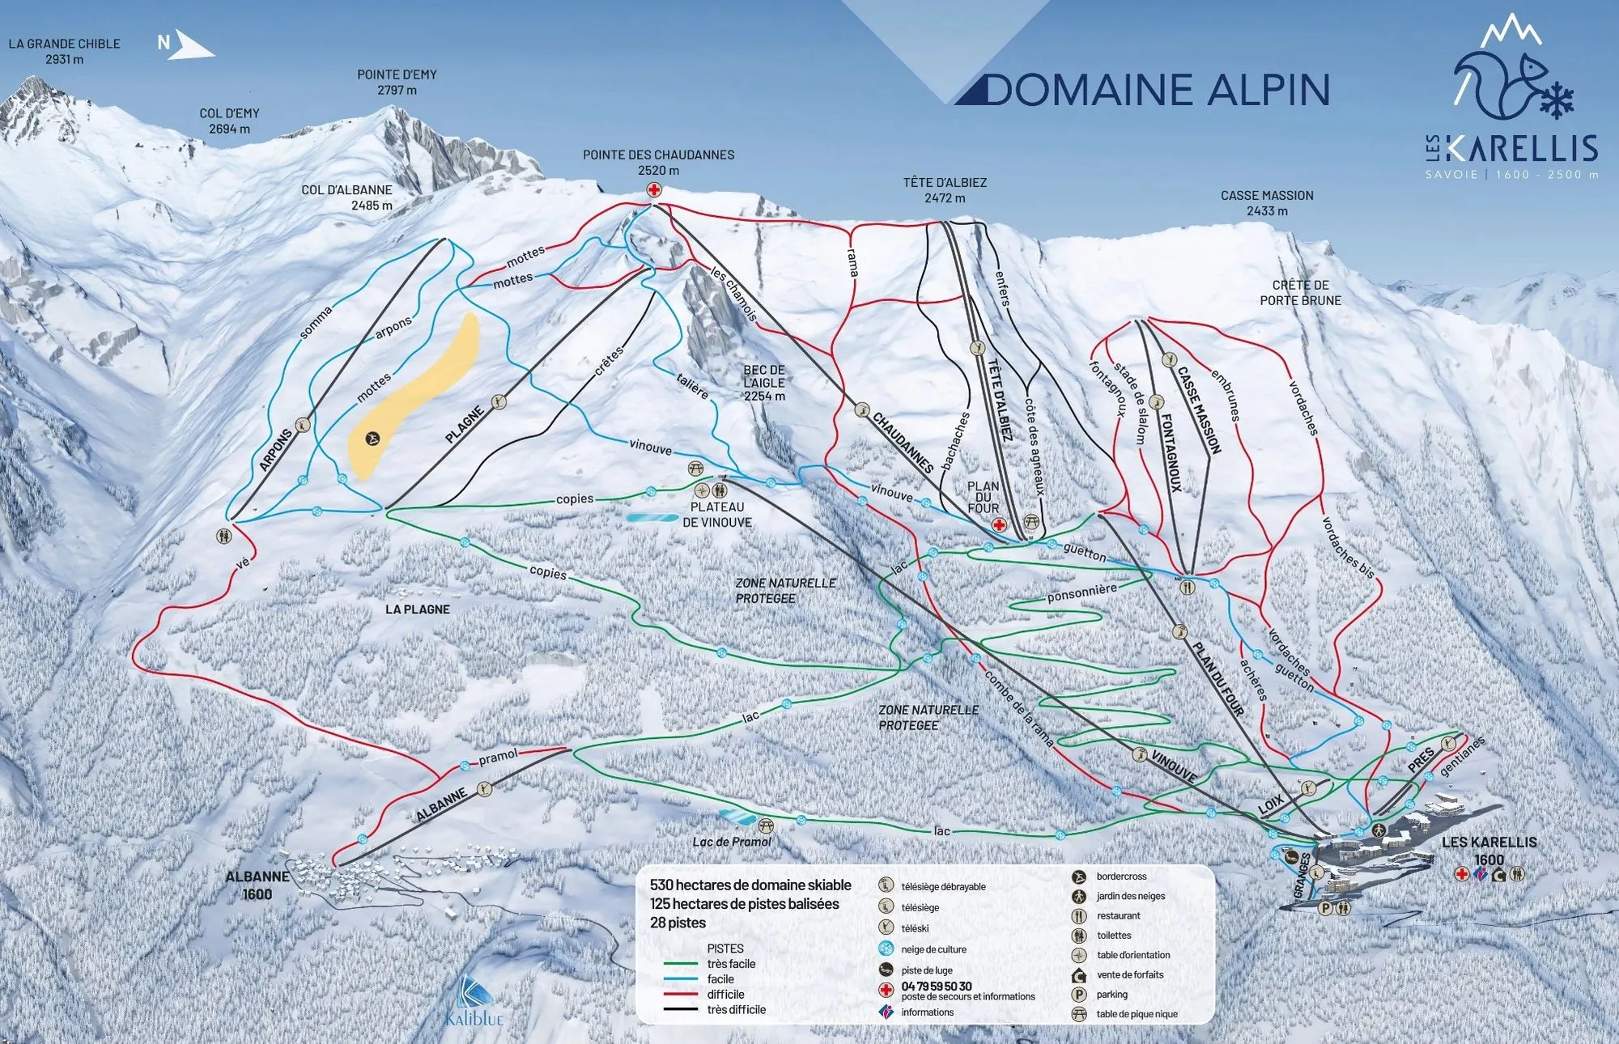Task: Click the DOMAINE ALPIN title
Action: point(1158,90)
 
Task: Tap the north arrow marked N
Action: point(185,44)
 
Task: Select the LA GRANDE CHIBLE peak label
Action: point(64,51)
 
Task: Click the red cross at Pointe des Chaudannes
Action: point(654,190)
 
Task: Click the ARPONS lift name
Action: point(276,450)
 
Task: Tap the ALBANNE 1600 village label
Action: point(257,885)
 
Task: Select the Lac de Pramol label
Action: point(731,842)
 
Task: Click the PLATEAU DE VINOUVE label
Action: point(717,515)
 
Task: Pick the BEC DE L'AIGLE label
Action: point(764,383)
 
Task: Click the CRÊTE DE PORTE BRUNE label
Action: point(1300,292)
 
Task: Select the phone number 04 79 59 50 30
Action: point(937,987)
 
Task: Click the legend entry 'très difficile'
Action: point(736,1009)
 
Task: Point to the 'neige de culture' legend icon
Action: point(886,949)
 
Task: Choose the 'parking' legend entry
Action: point(1111,995)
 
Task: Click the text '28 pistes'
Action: point(678,923)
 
